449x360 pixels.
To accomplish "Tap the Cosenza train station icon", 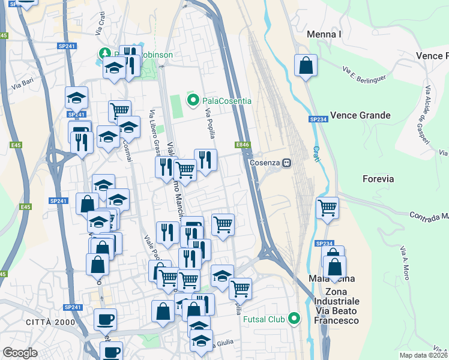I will [x=288, y=163].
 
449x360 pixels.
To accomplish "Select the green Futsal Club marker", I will [x=294, y=319].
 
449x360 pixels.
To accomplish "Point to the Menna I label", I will [x=324, y=34].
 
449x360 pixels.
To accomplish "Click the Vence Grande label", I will [x=361, y=115].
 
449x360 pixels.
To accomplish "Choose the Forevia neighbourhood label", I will [x=378, y=178].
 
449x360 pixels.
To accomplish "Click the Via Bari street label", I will [x=22, y=84].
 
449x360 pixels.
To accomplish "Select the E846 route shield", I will [x=243, y=145].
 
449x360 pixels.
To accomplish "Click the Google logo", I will [x=20, y=353].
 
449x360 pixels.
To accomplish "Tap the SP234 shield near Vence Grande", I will [x=319, y=120].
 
